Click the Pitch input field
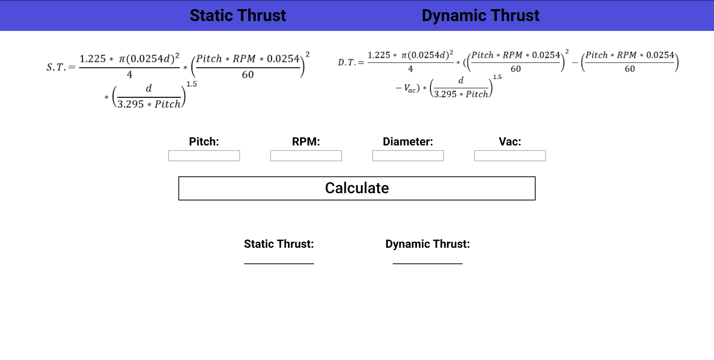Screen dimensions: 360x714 (x=204, y=156)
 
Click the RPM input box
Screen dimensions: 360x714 (x=306, y=156)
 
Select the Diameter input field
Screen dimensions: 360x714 (x=408, y=156)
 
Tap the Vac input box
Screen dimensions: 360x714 (x=510, y=156)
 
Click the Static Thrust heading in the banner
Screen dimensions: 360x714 (x=238, y=16)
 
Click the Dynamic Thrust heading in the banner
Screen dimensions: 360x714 (x=480, y=16)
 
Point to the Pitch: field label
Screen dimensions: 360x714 (x=204, y=142)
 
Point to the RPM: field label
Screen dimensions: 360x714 (x=306, y=142)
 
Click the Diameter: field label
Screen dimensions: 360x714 (x=408, y=142)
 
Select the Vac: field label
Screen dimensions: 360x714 (x=510, y=142)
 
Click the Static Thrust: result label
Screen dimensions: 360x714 (x=279, y=244)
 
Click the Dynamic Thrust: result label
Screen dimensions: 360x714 (x=427, y=244)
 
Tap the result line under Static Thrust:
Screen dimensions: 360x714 (x=279, y=263)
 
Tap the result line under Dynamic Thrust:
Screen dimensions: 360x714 (x=427, y=263)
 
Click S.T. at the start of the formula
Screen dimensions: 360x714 (x=56, y=68)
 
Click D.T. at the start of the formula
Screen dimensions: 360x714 (x=347, y=62)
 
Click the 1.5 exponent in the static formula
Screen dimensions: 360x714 (x=191, y=84)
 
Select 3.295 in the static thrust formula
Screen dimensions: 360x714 (x=131, y=104)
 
